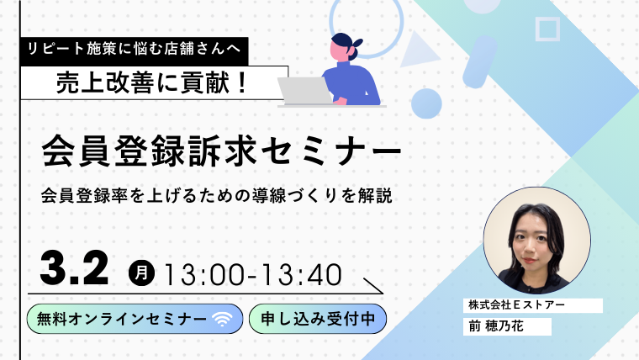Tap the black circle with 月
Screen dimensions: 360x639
pos(141,272)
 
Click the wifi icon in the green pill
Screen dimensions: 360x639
pos(223,319)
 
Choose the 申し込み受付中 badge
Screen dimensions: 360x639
pos(318,319)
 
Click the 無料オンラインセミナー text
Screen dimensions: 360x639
pos(119,319)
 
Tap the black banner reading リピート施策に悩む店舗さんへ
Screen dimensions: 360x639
pos(134,50)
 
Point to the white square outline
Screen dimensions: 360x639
pos(548,29)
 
